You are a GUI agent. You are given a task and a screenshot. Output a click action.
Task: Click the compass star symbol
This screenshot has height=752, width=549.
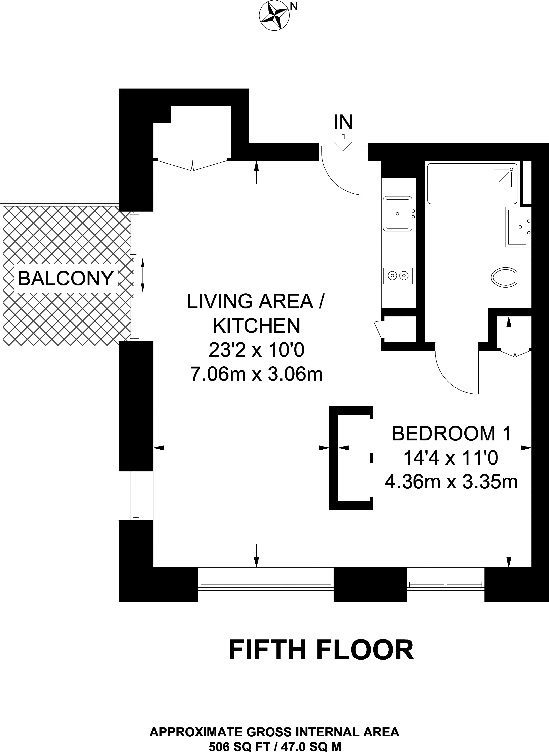tap(274, 16)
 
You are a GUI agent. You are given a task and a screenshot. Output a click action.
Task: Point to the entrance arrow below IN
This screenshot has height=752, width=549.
tap(343, 142)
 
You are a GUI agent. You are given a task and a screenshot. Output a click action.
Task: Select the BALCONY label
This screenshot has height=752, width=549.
tap(66, 278)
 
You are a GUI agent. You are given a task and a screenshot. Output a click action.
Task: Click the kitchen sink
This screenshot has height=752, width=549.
tap(398, 214)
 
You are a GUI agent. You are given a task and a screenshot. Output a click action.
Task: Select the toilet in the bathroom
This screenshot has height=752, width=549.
tap(505, 277)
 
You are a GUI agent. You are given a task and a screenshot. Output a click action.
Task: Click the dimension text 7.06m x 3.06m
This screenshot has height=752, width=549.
tap(256, 374)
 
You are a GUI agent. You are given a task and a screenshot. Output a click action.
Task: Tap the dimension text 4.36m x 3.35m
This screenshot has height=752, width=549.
tap(451, 482)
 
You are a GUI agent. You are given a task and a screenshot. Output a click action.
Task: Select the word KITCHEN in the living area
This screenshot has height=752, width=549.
tap(256, 326)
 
